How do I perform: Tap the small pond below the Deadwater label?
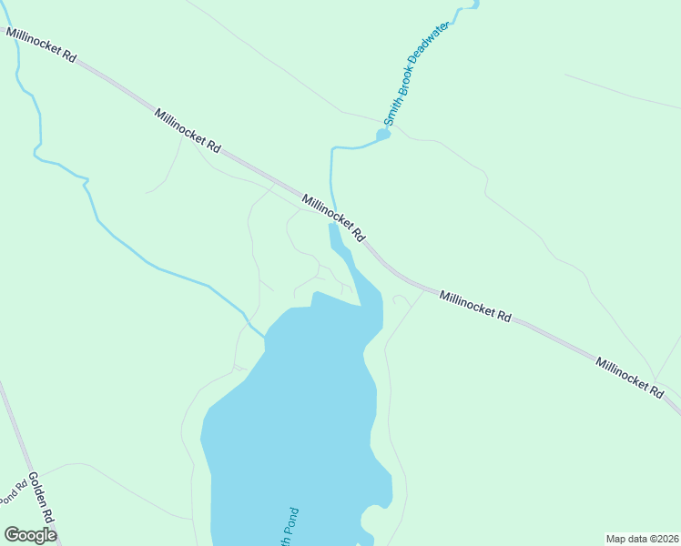(383, 136)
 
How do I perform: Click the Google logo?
(30, 534)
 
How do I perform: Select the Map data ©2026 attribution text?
(641, 539)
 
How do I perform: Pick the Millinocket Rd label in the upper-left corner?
(41, 45)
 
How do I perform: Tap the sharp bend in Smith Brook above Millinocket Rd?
(333, 147)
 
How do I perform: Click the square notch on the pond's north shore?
(314, 298)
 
